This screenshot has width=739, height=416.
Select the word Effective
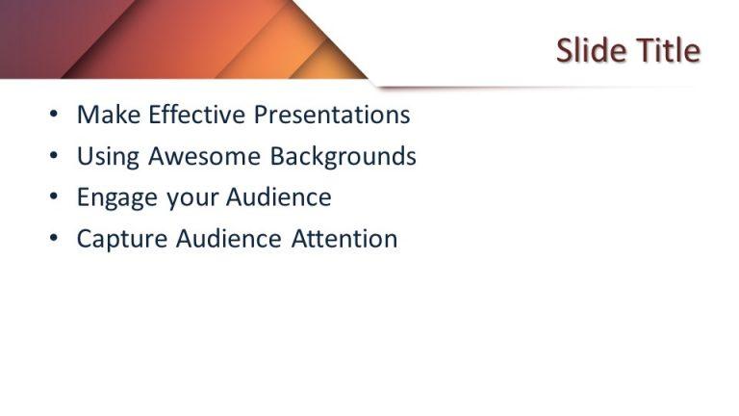coord(189,115)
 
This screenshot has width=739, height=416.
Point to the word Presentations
coord(332,115)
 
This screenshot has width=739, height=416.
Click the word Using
coord(102,157)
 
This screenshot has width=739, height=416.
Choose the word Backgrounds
coord(343,157)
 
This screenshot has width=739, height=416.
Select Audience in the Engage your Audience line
coord(278,197)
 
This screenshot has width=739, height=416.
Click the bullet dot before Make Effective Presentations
coord(53,116)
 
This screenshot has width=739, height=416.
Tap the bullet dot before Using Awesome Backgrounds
coord(53,157)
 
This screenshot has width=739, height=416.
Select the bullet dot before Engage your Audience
coord(53,198)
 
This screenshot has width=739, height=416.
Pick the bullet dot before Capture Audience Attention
coord(53,240)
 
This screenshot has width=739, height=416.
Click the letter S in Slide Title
coord(566,50)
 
